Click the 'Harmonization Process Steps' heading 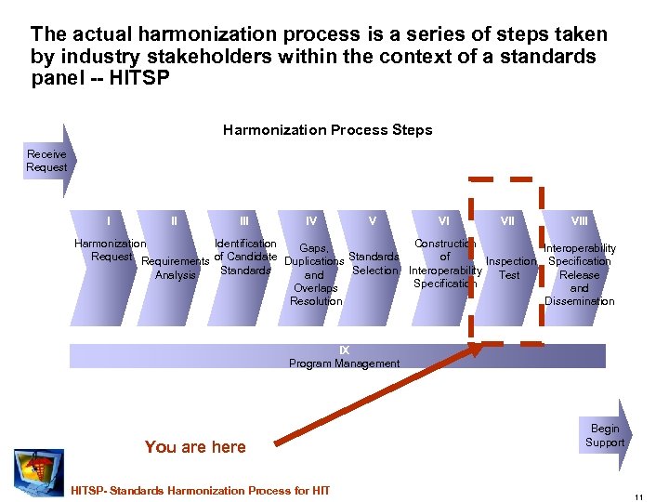[x=327, y=130]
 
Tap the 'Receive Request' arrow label [x=46, y=161]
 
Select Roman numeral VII [x=507, y=221]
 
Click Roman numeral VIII [x=580, y=221]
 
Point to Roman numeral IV [x=311, y=221]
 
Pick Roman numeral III [x=243, y=221]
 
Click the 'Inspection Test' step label [x=510, y=268]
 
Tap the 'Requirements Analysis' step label [x=175, y=268]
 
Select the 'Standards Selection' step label [x=374, y=263]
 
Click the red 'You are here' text [x=195, y=447]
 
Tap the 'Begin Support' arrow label [x=604, y=435]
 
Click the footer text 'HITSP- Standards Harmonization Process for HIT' [x=201, y=490]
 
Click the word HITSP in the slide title [x=139, y=78]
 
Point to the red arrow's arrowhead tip [x=482, y=347]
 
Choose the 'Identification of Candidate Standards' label [x=244, y=258]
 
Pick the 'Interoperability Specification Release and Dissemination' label [x=579, y=274]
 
